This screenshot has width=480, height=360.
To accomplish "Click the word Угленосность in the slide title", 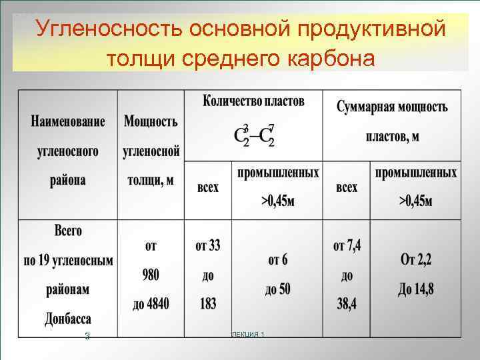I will pos(108,29).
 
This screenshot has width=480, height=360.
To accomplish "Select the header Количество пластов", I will pos(253,102).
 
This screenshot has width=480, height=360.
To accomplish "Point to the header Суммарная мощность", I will pos(392,107).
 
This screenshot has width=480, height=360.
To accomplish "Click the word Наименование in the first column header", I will pos(67,122).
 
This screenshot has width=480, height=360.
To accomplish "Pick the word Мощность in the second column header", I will pos(151,122).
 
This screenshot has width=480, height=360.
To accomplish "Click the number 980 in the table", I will pos(151,275).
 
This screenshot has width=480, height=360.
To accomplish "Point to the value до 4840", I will pos(151,304).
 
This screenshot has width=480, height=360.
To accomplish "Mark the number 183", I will pos(208,304).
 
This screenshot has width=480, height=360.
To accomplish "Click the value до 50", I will pos(277,289).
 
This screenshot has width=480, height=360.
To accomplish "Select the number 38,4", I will pos(347,304).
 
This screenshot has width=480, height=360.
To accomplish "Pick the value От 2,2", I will pos(416,260).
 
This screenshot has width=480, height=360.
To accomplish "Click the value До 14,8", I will pos(416,289).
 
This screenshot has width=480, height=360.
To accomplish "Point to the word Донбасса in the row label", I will pos(68,318).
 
